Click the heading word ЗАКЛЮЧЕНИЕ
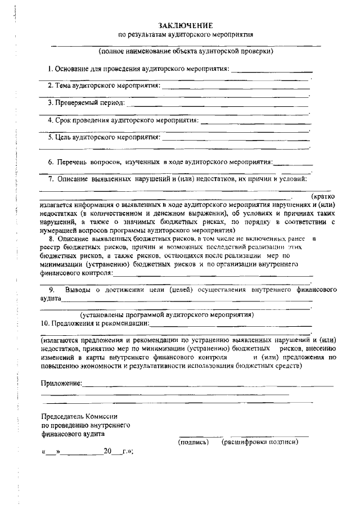pyautogui.click(x=186, y=25)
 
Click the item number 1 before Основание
pyautogui.click(x=49, y=69)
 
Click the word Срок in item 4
pyautogui.click(x=64, y=120)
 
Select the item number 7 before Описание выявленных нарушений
pyautogui.click(x=50, y=179)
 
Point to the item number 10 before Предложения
pyautogui.click(x=44, y=323)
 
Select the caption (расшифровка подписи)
pyautogui.click(x=259, y=442)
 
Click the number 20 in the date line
pyautogui.click(x=107, y=451)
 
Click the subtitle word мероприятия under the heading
pyautogui.click(x=229, y=35)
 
